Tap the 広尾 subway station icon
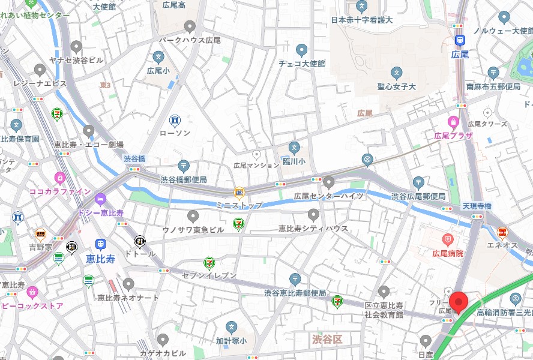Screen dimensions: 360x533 click(460, 41)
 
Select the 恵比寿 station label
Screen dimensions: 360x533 click(100, 259)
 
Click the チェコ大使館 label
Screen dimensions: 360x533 click(301, 64)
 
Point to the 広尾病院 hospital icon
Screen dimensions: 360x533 click(447, 241)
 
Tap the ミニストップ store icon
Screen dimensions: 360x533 click(239, 193)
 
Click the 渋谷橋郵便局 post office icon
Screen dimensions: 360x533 click(183, 166)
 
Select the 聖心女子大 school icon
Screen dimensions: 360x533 click(396, 73)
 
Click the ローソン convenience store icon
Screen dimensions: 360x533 click(175, 121)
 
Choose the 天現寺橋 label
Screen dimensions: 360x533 click(477, 206)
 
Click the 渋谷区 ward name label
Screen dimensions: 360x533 click(327, 340)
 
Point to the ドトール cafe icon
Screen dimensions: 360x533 click(140, 241)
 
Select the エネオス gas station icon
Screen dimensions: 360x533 click(502, 232)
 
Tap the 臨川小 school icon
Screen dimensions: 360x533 click(294, 147)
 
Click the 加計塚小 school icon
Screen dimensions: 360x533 click(231, 327)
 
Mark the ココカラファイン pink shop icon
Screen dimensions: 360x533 click(59, 178)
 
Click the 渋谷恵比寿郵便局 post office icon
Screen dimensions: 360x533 click(295, 279)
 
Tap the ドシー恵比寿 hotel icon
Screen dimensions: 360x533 click(100, 199)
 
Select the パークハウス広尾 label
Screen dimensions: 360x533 click(190, 40)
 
